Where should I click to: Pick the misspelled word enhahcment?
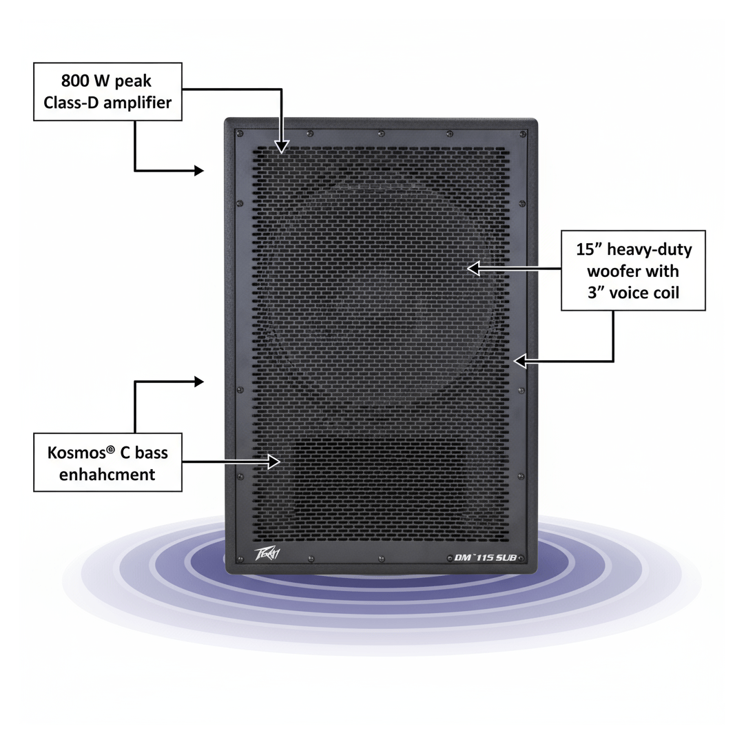[x=107, y=475]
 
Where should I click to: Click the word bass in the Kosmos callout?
[x=151, y=453]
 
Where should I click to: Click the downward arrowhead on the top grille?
[x=281, y=146]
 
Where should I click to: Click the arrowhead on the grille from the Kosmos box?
[x=276, y=462]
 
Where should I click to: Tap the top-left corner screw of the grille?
[x=239, y=133]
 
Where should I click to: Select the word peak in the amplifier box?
[x=134, y=81]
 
